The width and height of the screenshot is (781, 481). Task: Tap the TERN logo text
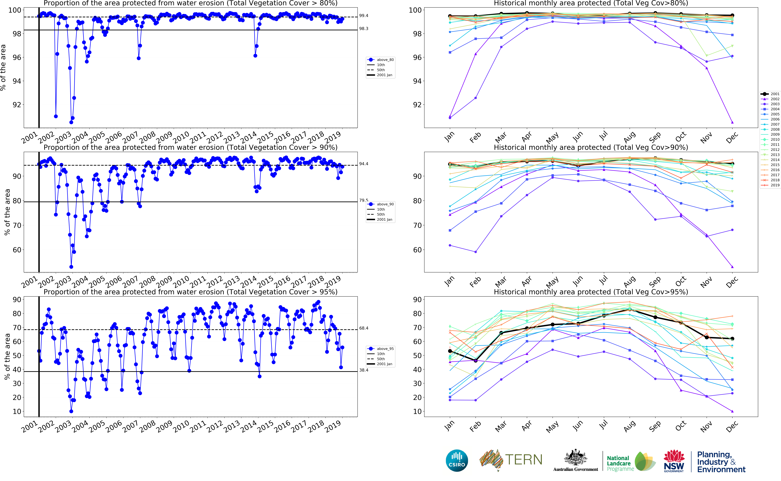pyautogui.click(x=524, y=460)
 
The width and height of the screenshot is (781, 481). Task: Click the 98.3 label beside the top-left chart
pyautogui.click(x=364, y=29)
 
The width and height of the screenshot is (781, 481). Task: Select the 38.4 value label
pyautogui.click(x=364, y=370)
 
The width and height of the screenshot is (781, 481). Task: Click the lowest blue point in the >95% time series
pyautogui.click(x=71, y=411)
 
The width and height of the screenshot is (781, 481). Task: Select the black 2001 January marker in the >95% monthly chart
pyautogui.click(x=450, y=351)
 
